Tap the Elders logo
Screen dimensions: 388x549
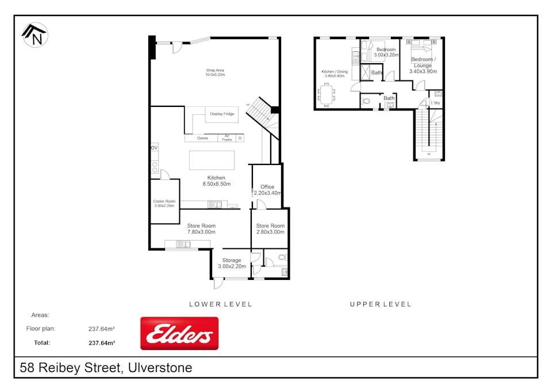pyautogui.click(x=179, y=333)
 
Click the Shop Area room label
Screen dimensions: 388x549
pyautogui.click(x=215, y=72)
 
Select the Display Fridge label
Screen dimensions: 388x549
pyautogui.click(x=222, y=114)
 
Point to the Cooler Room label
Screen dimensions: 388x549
pyautogui.click(x=164, y=203)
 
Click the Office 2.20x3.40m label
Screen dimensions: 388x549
pyautogui.click(x=267, y=190)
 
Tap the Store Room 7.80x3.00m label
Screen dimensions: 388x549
pyautogui.click(x=201, y=229)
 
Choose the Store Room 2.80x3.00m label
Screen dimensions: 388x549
pyautogui.click(x=270, y=229)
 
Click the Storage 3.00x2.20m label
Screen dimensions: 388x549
pyautogui.click(x=232, y=263)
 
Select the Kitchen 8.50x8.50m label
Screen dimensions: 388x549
pyautogui.click(x=217, y=181)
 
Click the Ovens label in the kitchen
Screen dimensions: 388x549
pyautogui.click(x=202, y=138)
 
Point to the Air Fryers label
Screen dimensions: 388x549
pyautogui.click(x=227, y=138)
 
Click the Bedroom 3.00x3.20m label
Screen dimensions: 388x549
pyautogui.click(x=386, y=52)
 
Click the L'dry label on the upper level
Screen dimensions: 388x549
pyautogui.click(x=435, y=103)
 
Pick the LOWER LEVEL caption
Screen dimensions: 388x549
pyautogui.click(x=221, y=304)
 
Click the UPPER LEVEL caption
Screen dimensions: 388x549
pyautogui.click(x=381, y=304)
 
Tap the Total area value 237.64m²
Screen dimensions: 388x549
pyautogui.click(x=102, y=343)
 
